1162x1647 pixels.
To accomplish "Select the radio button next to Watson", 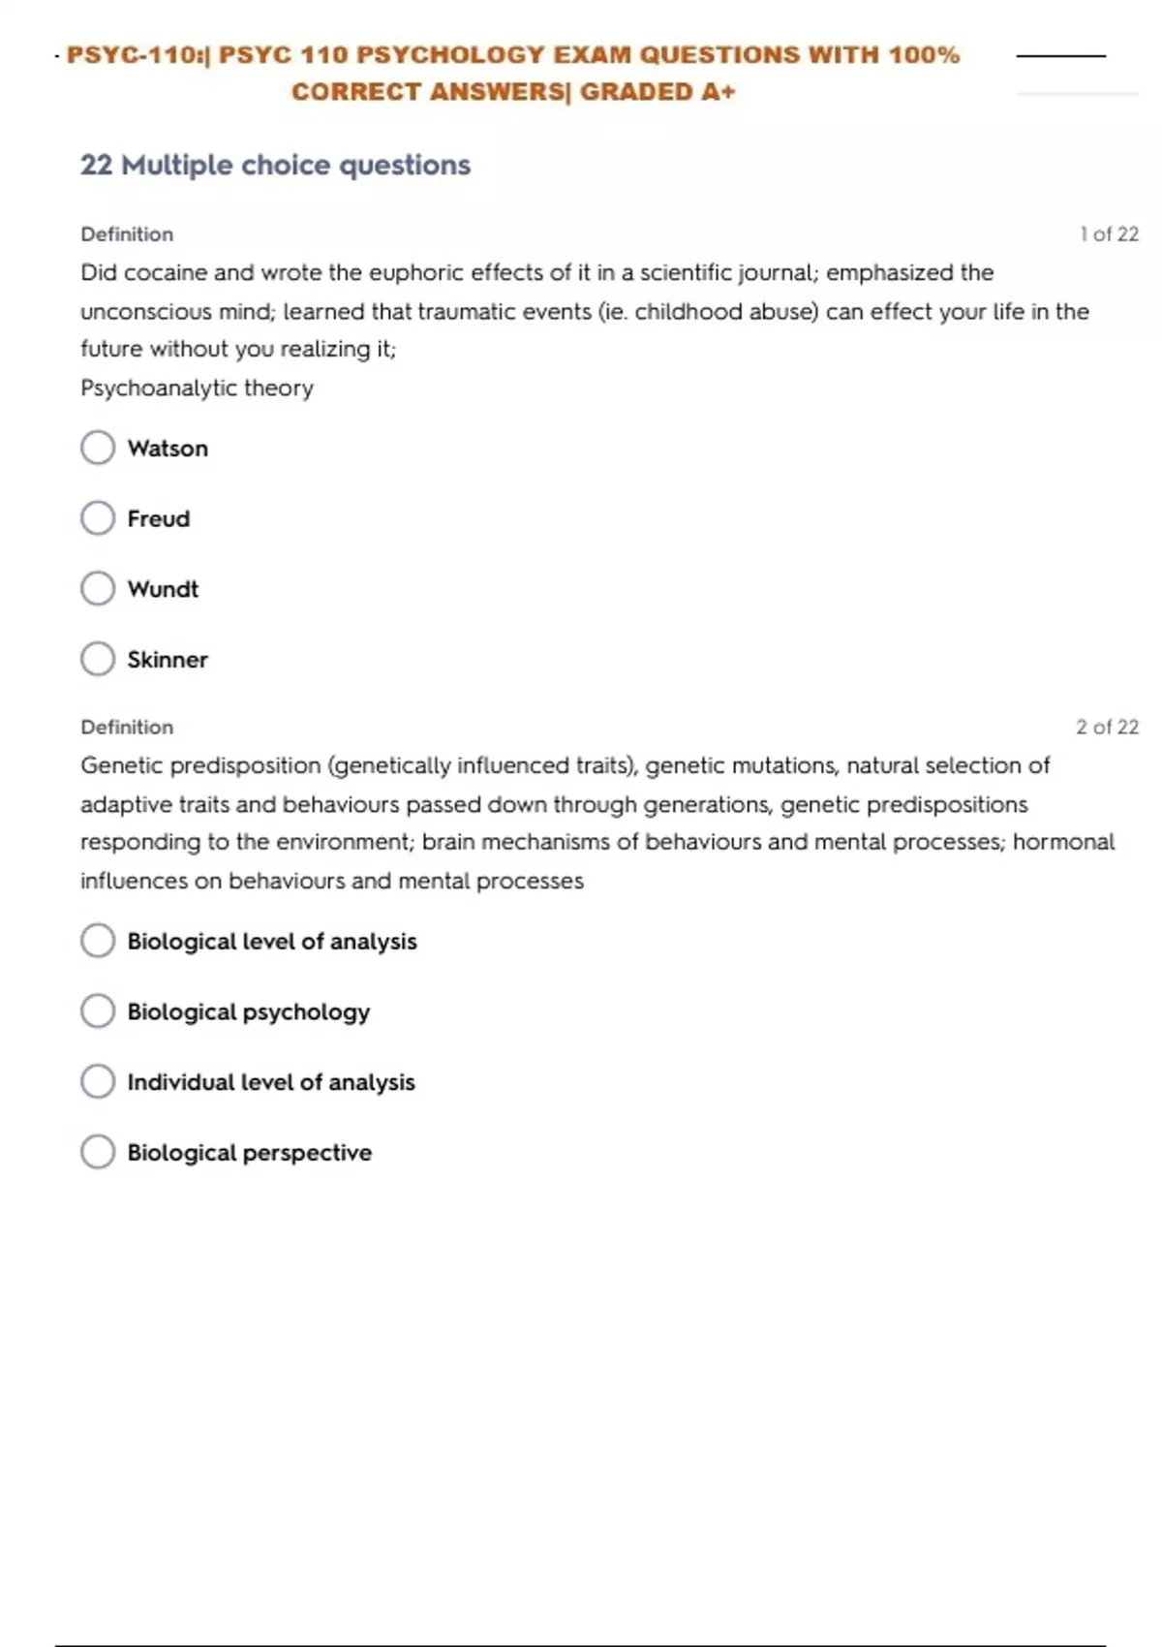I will (98, 448).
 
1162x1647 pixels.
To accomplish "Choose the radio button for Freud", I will (98, 518).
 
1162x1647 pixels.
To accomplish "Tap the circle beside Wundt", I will (98, 588).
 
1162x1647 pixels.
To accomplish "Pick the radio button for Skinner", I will (98, 659).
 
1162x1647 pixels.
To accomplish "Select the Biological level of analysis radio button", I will (98, 941).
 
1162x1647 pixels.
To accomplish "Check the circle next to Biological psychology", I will (98, 1011).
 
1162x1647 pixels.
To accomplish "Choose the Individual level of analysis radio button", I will (98, 1081).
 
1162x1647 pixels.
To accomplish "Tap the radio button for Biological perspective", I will (98, 1152).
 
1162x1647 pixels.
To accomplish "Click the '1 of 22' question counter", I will (1109, 234).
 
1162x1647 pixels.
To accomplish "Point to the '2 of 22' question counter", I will (1107, 727).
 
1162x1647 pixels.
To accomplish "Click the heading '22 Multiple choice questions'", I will (275, 165).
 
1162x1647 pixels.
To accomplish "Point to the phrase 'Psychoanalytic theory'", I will (197, 388).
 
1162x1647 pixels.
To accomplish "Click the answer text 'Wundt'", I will (163, 589).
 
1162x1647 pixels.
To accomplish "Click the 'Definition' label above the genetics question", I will (127, 727).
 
